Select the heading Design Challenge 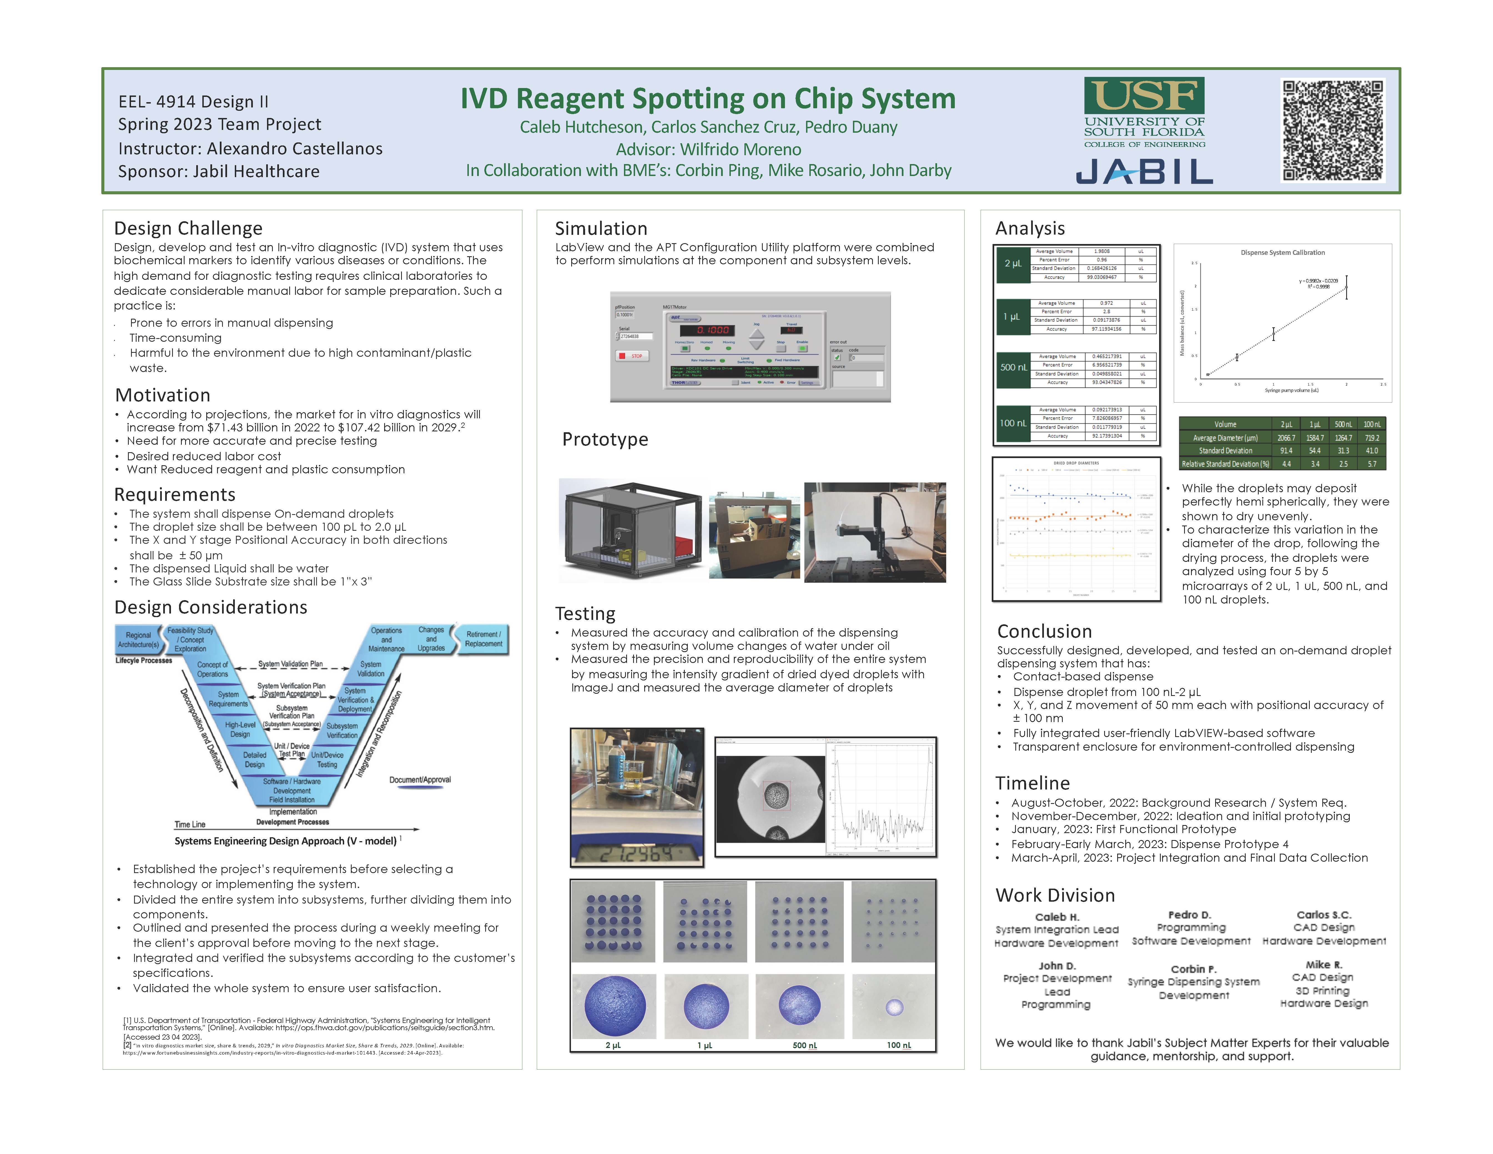click(188, 228)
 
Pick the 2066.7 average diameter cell click(1286, 438)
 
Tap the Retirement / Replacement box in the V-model click(483, 639)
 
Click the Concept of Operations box click(213, 669)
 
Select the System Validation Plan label click(291, 664)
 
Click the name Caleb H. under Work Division click(1056, 917)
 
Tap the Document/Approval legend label click(420, 780)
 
